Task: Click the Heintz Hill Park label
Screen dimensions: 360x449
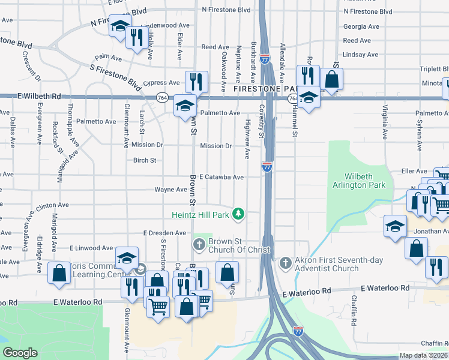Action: [x=201, y=214]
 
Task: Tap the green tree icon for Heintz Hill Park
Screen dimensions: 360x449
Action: [x=239, y=214]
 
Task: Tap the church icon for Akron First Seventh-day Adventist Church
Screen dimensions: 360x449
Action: [x=286, y=263]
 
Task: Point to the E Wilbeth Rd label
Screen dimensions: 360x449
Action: [x=40, y=95]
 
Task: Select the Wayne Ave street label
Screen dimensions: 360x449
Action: [x=170, y=190]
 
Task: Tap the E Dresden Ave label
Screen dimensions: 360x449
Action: [x=164, y=233]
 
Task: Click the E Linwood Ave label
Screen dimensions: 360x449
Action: [x=91, y=248]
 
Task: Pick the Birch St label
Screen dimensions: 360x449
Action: [x=145, y=160]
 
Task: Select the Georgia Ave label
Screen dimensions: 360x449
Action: [x=361, y=26]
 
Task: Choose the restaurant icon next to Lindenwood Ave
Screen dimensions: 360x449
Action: [x=137, y=37]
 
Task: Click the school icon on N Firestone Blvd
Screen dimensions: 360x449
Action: [x=120, y=25]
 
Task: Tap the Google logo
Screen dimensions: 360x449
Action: [x=20, y=353]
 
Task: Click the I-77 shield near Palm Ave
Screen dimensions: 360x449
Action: [x=265, y=59]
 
